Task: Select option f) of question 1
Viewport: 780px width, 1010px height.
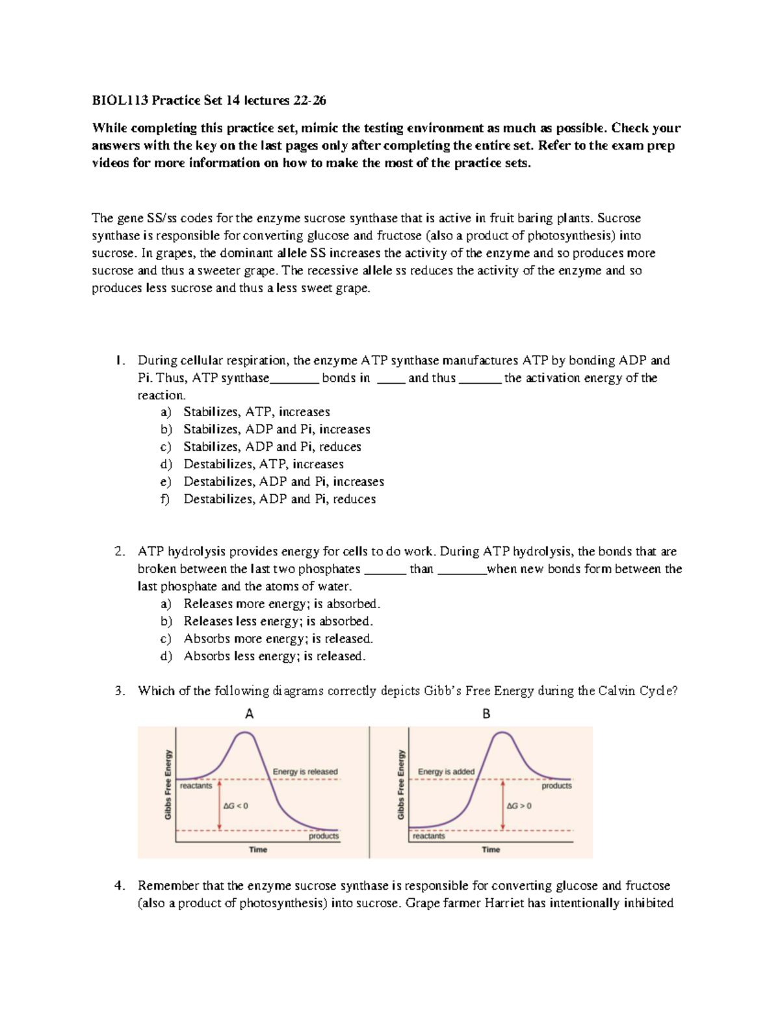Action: [x=279, y=499]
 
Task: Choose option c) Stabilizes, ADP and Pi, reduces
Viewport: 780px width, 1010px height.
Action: [x=272, y=447]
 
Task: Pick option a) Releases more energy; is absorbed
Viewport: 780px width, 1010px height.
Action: [x=281, y=604]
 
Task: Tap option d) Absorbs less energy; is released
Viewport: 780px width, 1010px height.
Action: [x=274, y=656]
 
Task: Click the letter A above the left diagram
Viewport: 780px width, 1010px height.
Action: [x=249, y=714]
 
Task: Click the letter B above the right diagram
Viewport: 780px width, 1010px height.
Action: [x=486, y=714]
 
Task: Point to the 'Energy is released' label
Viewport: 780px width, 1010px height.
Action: [x=305, y=772]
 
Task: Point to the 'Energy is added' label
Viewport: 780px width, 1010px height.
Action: [x=446, y=772]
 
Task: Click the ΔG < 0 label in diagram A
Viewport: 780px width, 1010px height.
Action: [x=235, y=806]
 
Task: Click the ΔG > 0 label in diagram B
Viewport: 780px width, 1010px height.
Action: [x=519, y=806]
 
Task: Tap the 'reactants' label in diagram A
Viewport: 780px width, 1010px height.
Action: [x=196, y=786]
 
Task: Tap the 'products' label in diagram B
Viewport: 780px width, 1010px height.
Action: [x=556, y=786]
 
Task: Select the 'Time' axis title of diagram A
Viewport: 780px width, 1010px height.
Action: [x=258, y=849]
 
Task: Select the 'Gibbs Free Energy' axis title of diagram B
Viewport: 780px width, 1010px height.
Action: [x=401, y=784]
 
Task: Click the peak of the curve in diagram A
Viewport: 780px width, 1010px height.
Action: [x=244, y=733]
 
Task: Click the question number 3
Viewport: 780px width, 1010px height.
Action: [x=120, y=691]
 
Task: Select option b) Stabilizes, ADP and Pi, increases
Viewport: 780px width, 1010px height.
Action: [x=276, y=429]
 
